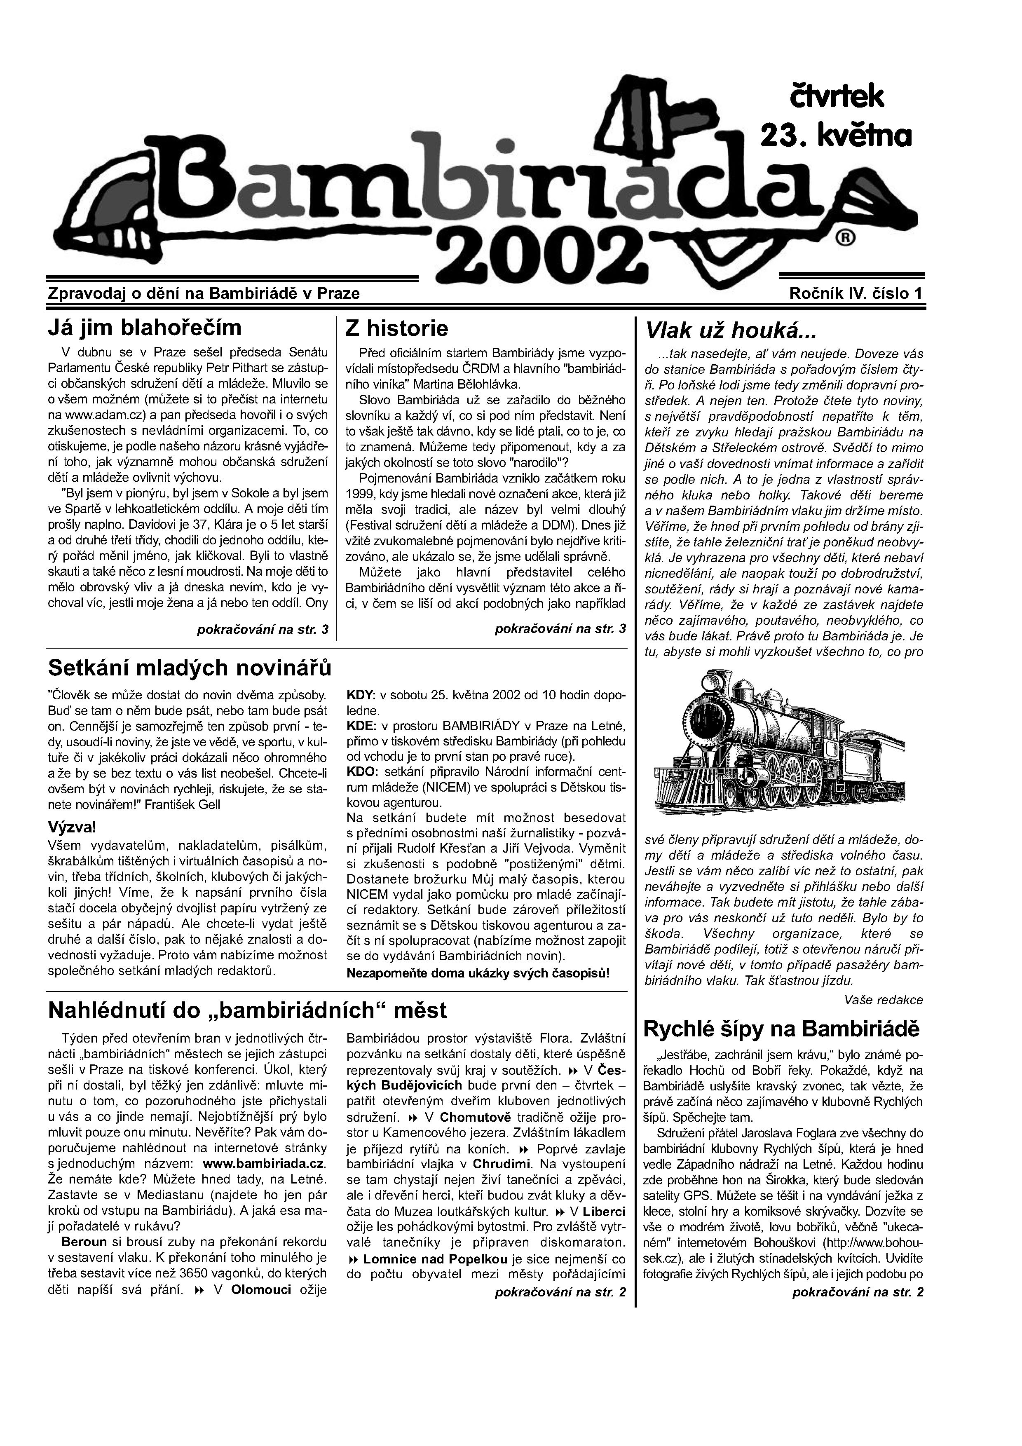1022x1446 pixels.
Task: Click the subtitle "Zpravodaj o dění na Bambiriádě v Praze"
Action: (x=204, y=293)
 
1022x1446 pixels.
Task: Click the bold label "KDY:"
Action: (x=361, y=696)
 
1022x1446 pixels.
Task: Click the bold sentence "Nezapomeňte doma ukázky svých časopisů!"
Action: (x=478, y=973)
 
